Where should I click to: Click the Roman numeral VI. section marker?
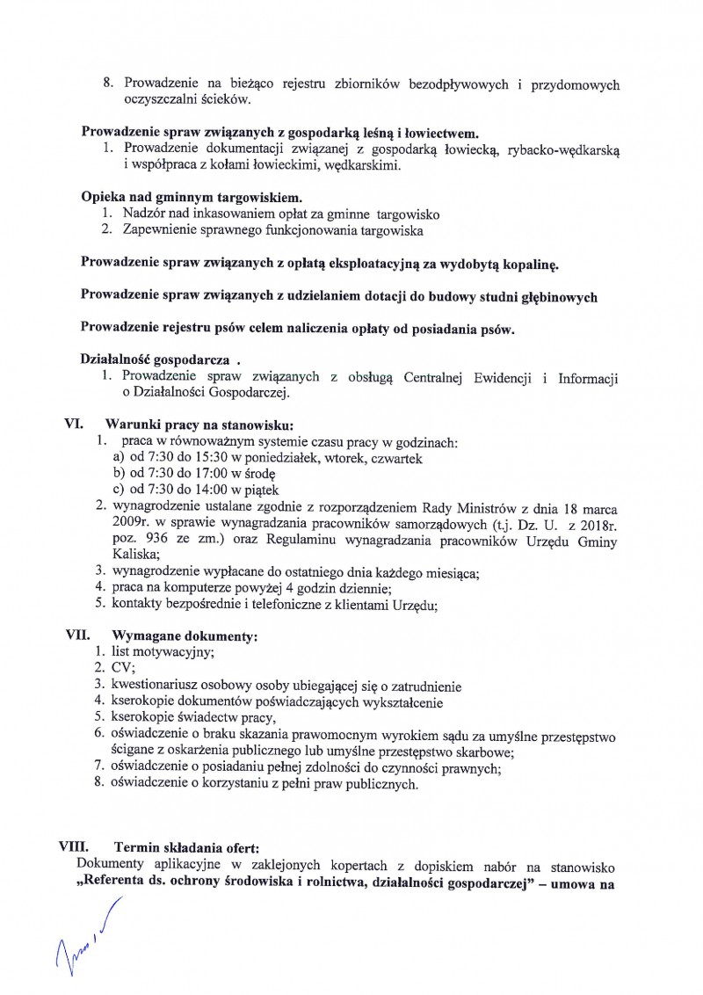73,422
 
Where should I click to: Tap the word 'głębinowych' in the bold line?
555,296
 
